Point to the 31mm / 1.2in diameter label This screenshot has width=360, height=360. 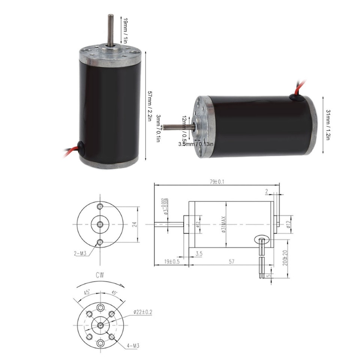pos(327,124)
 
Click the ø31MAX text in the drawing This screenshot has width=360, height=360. pos(223,224)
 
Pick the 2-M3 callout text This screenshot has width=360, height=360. pos(80,253)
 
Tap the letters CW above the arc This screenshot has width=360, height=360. pos(100,275)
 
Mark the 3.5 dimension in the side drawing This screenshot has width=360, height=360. pos(199,254)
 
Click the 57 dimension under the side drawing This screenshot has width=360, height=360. pos(232,261)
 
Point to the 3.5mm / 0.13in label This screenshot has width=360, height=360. pos(196,143)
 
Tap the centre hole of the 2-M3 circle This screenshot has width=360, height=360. pos(100,224)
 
